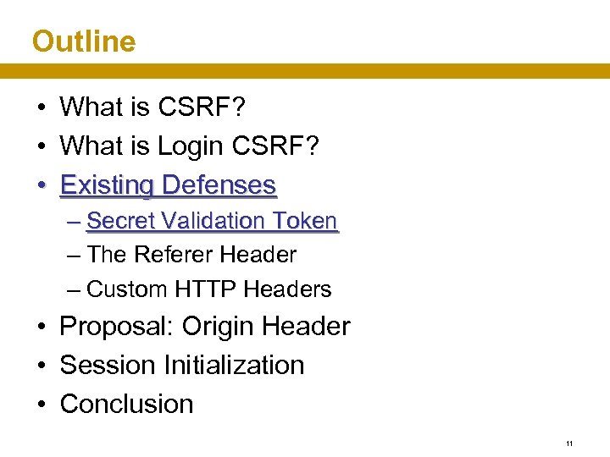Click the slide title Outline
83,41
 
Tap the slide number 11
569,443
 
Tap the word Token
305,221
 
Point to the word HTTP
206,289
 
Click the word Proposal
116,327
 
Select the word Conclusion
126,405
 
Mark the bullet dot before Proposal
41,328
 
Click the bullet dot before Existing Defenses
41,185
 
